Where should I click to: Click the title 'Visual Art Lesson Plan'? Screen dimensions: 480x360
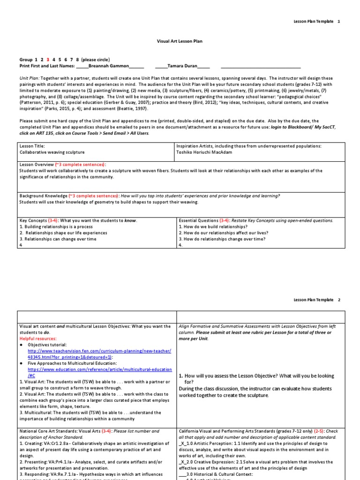tap(180, 41)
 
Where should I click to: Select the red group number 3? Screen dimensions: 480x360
tap(48, 60)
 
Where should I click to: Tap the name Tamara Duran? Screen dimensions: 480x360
tap(182, 66)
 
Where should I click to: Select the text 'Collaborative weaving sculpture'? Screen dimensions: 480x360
tap(52, 152)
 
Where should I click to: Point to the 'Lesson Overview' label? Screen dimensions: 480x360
tap(37, 165)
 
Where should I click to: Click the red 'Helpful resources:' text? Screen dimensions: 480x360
tap(37, 338)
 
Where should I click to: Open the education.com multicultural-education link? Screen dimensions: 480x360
tap(99, 369)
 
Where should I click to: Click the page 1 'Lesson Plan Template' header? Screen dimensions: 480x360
tap(314, 22)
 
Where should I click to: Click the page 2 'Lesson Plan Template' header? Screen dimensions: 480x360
tap(314, 300)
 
